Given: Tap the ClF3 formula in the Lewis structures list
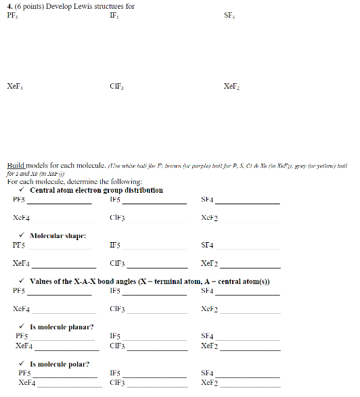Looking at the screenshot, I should (x=116, y=87).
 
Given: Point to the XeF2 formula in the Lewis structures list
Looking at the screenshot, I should (x=231, y=87).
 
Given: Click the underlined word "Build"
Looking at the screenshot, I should (x=16, y=165).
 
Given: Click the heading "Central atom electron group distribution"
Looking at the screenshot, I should (x=96, y=190).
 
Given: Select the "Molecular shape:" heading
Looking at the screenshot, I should (x=58, y=236).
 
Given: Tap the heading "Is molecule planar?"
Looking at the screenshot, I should (x=62, y=327).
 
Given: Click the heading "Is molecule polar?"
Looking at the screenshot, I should (x=60, y=364).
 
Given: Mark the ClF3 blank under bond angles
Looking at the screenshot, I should (x=157, y=311).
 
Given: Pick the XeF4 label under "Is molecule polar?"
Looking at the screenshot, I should (x=26, y=383).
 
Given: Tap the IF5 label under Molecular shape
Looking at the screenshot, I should (x=114, y=246).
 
